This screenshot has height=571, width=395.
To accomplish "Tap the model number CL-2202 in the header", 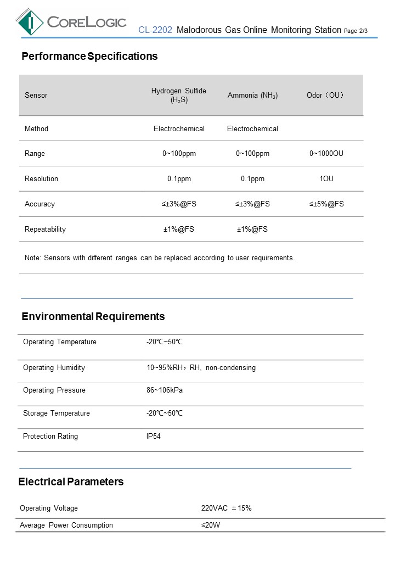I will coord(155,30).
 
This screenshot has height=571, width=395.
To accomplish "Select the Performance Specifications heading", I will coord(89,57).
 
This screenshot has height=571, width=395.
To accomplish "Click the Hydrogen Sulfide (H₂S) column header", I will coord(179,95).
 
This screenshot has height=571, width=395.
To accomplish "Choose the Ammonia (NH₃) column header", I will coord(252,96).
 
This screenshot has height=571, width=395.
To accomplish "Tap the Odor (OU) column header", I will coord(326,96).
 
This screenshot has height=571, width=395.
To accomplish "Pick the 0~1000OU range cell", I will coord(326,154).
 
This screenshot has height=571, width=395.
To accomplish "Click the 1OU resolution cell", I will coord(326,179).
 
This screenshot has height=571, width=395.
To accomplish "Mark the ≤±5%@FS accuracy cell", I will coord(326,204).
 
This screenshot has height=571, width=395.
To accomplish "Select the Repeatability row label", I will coord(45,229).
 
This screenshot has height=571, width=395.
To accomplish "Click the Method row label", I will coord(36,129).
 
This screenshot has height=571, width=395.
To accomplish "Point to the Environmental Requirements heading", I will coord(93,317).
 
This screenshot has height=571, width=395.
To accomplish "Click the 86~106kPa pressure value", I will coord(164,390).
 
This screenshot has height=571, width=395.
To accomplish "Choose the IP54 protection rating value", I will coord(154,436).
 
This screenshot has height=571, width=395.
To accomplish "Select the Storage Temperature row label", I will coord(56,413).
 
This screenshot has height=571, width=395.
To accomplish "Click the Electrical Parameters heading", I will coord(71,482).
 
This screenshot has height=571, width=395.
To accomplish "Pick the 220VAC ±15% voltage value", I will coord(226,508).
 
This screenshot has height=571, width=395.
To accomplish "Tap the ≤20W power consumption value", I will coord(211,525).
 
